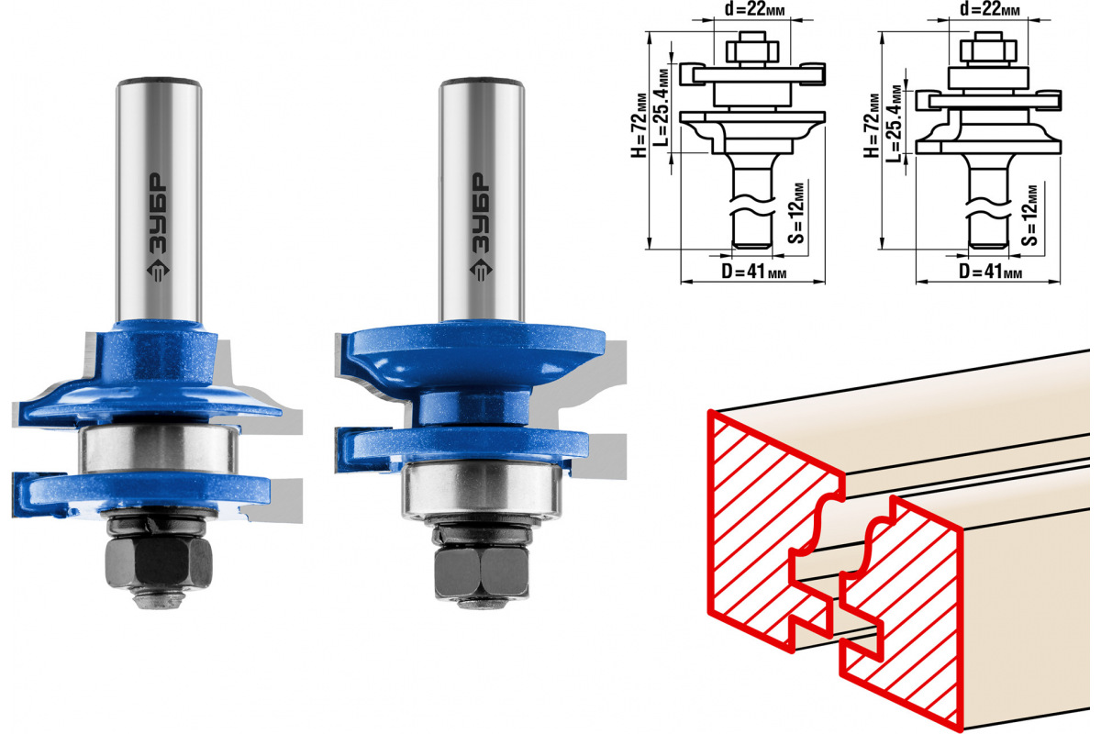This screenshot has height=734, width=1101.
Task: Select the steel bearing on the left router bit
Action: point(158,450)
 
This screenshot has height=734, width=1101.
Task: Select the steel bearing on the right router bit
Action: point(482,489)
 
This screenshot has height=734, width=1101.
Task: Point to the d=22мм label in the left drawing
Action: point(754,9)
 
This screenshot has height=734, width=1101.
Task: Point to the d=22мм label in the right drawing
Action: point(990,9)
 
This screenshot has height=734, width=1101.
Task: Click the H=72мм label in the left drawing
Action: point(639,126)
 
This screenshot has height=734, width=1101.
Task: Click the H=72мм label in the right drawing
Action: point(872,126)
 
